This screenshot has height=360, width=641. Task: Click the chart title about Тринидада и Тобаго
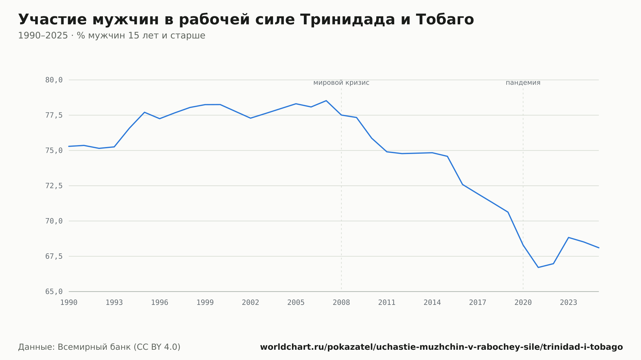(246, 20)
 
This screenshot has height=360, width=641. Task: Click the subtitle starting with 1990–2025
(112, 36)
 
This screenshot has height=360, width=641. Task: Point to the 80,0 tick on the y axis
(54, 80)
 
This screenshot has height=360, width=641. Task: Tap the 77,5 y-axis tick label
(54, 115)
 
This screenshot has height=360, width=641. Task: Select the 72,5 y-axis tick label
(54, 186)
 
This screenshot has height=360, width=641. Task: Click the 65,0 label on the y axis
(54, 292)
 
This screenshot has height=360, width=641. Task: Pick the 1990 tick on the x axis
(69, 303)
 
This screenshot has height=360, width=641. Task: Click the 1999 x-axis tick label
(205, 303)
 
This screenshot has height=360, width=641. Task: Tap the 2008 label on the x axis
(341, 303)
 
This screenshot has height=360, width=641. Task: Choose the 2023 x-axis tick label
(569, 303)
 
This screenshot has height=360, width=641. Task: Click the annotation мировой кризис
(341, 83)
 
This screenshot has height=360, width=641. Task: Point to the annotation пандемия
(523, 83)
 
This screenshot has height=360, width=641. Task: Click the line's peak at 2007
(326, 101)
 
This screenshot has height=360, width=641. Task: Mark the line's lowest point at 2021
(538, 267)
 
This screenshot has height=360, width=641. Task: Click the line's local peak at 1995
(145, 112)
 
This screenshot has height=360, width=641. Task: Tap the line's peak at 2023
(569, 237)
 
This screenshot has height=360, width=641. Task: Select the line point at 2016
(462, 184)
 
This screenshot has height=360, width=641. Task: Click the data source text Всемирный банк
(99, 347)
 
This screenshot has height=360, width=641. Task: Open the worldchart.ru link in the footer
(441, 347)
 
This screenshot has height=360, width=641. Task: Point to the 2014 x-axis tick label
(432, 303)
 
